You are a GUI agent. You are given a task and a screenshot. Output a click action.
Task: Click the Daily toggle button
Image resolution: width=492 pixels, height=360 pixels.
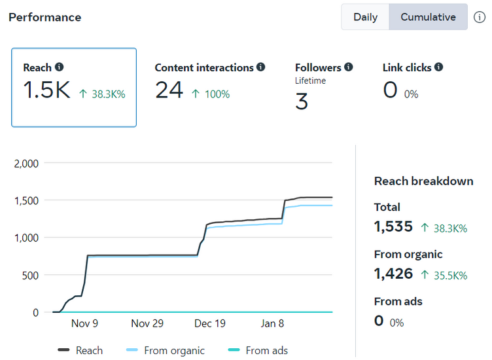click(x=365, y=17)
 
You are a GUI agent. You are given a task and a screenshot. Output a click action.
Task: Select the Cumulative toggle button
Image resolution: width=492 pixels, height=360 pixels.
click(x=428, y=17)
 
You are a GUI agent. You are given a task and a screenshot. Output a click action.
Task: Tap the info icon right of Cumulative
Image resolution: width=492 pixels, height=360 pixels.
click(x=480, y=17)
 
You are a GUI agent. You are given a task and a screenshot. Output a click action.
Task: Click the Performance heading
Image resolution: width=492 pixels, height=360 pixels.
click(x=45, y=17)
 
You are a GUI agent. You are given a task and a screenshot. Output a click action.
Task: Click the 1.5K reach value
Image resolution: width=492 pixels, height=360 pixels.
click(x=46, y=91)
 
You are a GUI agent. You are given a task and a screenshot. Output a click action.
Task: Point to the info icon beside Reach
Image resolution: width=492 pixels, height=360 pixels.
click(x=60, y=67)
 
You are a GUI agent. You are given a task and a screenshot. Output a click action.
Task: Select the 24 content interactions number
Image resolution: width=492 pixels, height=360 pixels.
click(x=169, y=91)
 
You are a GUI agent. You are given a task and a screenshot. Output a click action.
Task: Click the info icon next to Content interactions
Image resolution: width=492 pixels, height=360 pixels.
click(x=261, y=67)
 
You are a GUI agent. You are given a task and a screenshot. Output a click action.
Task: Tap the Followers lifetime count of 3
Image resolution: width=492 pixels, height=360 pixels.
click(x=302, y=101)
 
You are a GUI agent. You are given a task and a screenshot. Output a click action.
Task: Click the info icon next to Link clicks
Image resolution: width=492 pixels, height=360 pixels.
click(x=438, y=67)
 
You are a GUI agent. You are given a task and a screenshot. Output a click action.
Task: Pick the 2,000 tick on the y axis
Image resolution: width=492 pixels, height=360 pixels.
click(x=27, y=163)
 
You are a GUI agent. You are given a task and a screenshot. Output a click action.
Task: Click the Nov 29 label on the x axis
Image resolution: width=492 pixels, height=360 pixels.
click(x=147, y=323)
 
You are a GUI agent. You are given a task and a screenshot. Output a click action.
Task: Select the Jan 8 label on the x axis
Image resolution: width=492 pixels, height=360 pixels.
click(x=272, y=323)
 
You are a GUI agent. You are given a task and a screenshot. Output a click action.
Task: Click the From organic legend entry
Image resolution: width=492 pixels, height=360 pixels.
click(x=165, y=350)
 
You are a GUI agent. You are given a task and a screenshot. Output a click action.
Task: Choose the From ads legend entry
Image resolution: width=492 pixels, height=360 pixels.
click(x=258, y=350)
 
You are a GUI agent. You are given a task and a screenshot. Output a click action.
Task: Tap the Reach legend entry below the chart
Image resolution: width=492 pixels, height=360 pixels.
click(x=80, y=350)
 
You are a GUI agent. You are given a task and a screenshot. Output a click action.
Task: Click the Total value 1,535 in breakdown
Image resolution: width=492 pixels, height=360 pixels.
click(x=393, y=227)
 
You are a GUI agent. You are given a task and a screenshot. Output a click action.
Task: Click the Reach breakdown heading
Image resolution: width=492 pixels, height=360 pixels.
click(x=423, y=181)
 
